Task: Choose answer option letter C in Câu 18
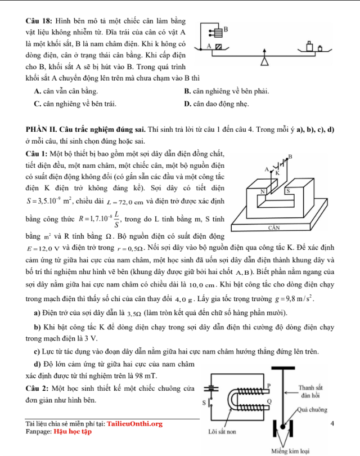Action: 37,104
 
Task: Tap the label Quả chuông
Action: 313,409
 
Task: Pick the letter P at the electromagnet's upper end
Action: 268,384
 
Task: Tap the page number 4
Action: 334,423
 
